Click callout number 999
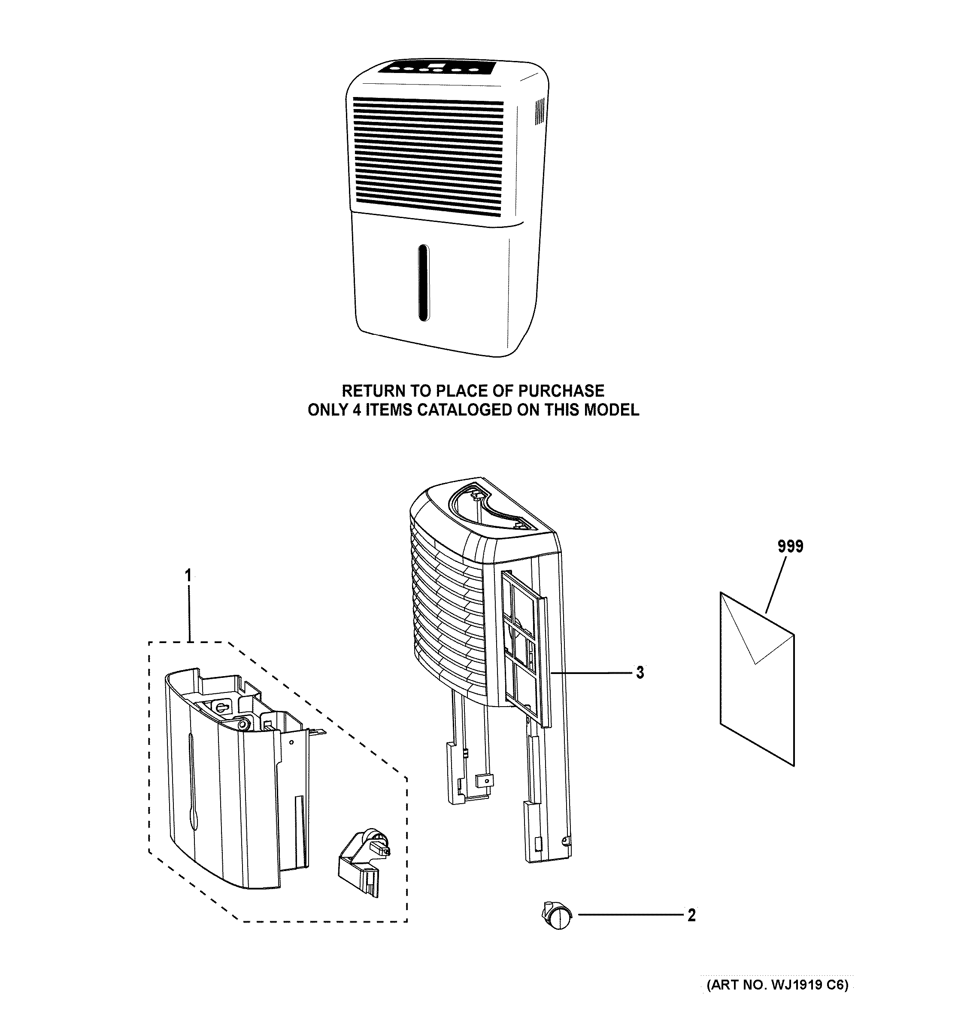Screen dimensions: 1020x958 pos(790,546)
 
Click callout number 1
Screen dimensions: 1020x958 pos(188,576)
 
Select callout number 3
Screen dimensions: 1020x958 pos(640,672)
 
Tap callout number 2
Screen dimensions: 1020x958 pos(691,915)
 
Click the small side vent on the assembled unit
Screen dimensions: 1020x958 pos(540,112)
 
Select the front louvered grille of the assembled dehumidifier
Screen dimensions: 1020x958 pos(428,157)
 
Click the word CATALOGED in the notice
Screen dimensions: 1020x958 pos(461,410)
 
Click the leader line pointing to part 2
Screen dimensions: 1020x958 pos(631,915)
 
